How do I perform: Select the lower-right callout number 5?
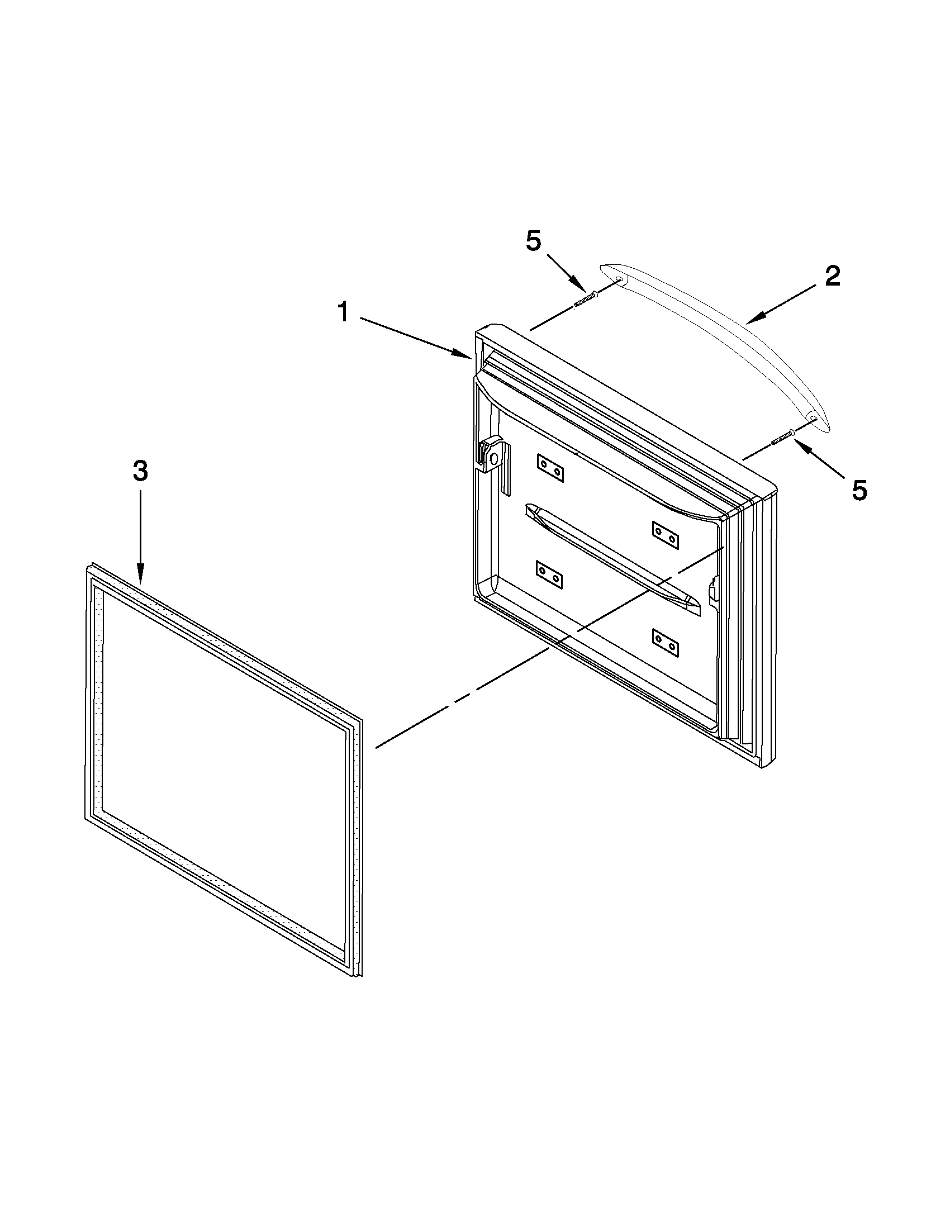point(858,490)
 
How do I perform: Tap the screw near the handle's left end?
point(585,298)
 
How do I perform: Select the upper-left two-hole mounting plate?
point(550,468)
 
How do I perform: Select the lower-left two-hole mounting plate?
point(550,575)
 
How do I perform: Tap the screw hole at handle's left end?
point(619,279)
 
